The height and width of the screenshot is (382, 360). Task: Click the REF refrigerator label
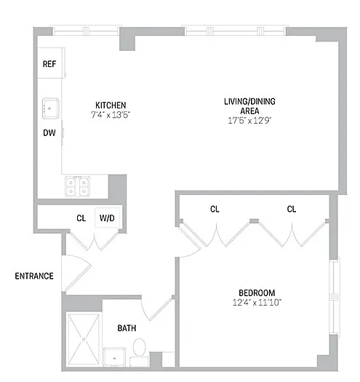[x=49, y=64]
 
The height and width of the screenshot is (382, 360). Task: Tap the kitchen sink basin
[x=50, y=108]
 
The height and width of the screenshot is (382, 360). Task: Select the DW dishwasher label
[x=49, y=132]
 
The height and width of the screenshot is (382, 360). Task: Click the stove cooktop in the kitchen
[x=77, y=186]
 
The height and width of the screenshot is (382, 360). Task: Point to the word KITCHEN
[x=111, y=106]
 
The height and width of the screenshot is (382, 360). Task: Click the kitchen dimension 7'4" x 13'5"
[x=111, y=114]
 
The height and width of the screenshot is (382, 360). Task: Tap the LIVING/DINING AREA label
[x=249, y=106]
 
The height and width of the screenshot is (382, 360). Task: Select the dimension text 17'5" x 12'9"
[x=249, y=120]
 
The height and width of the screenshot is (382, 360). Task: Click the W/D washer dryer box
[x=107, y=218]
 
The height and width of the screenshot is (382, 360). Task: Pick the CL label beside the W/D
[x=81, y=218]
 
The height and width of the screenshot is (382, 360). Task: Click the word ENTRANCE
[x=34, y=276]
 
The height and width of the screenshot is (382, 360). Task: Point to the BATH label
[x=127, y=328]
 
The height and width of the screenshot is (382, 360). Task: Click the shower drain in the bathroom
[x=84, y=339]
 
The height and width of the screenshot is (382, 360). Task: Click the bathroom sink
[x=114, y=357]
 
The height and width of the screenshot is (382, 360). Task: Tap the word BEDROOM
[x=257, y=293]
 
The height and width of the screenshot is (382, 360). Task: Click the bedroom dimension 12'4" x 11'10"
[x=257, y=303]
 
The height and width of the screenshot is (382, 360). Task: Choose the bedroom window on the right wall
[x=334, y=297]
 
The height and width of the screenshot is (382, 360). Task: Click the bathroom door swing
[x=157, y=309]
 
